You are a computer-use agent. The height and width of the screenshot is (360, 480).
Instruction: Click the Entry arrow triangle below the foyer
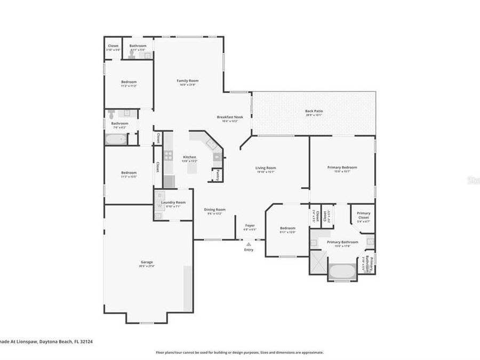pyautogui.click(x=249, y=244)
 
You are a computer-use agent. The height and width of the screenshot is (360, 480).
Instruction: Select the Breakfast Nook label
pyautogui.click(x=230, y=117)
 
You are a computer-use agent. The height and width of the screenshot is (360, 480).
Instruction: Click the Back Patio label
pyautogui.click(x=314, y=111)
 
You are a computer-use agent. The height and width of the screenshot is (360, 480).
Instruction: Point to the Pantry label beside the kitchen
pyautogui.click(x=217, y=175)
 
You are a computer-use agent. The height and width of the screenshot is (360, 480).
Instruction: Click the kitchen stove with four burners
pyautogui.click(x=168, y=156)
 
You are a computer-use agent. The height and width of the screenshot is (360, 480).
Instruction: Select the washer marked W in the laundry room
pyautogui.click(x=159, y=206)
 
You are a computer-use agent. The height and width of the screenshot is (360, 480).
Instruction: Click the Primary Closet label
pyautogui.click(x=363, y=215)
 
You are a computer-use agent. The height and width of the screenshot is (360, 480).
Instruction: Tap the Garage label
pyautogui.click(x=147, y=262)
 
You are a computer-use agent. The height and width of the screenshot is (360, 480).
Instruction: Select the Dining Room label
pyautogui.click(x=214, y=210)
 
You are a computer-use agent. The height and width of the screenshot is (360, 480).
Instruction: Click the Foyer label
pyautogui.click(x=249, y=226)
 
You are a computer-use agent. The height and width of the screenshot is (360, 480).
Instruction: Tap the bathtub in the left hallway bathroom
pyautogui.click(x=116, y=140)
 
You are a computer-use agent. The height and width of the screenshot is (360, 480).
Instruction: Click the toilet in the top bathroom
pyautogui.click(x=131, y=55)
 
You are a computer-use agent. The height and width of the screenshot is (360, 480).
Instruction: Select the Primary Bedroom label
pyautogui.click(x=342, y=167)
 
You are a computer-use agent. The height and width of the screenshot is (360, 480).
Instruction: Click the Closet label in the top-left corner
pyautogui.click(x=113, y=46)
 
